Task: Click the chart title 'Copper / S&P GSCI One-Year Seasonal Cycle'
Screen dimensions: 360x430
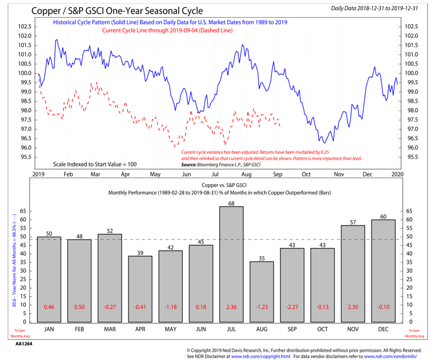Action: [116, 11]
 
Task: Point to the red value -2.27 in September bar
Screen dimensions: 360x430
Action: [292, 307]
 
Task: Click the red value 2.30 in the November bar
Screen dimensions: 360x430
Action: [353, 307]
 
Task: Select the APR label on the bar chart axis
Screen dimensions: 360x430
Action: [140, 329]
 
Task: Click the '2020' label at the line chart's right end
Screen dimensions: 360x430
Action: [398, 175]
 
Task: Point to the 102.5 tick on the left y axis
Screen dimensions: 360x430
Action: [23, 27]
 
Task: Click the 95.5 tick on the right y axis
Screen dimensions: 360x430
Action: [411, 157]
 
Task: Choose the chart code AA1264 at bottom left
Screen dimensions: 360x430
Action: [24, 343]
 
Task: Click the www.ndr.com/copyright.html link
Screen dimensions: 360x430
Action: [260, 356]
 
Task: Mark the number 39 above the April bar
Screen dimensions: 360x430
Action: [140, 252]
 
